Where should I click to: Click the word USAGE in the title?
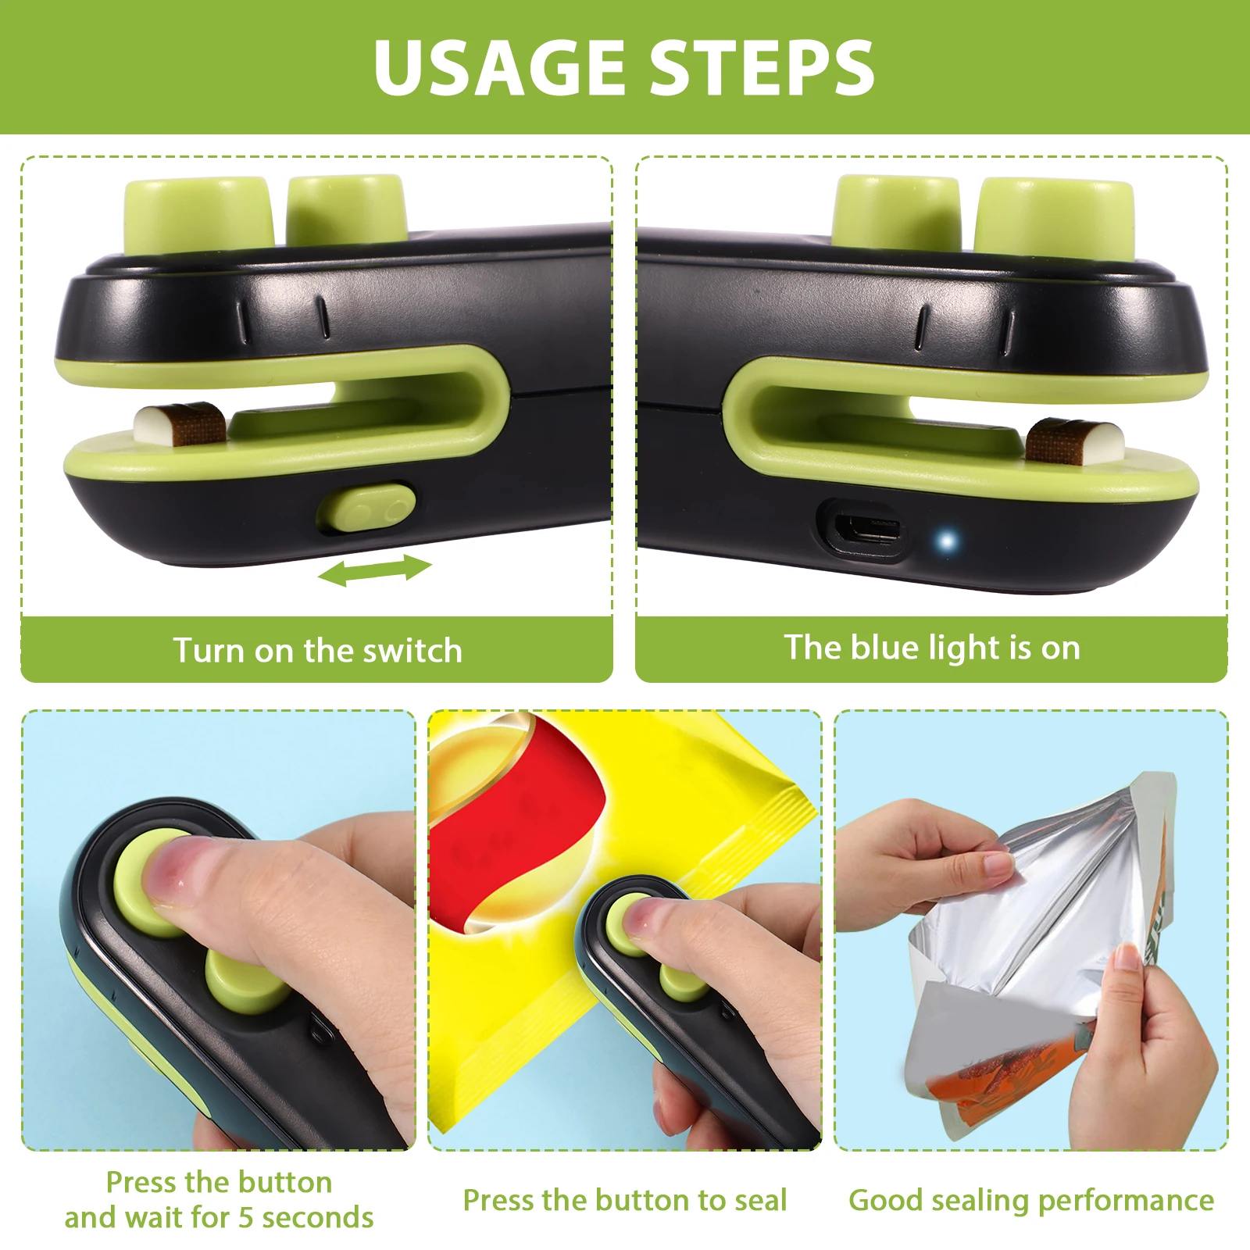tap(499, 67)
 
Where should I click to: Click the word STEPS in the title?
tap(762, 67)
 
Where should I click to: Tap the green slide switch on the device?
tap(366, 507)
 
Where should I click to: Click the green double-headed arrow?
tap(374, 570)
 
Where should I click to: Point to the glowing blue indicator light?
tap(947, 541)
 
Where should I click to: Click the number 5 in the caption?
tap(246, 1217)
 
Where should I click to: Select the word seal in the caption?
tap(757, 1200)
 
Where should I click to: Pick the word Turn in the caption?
tap(209, 651)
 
